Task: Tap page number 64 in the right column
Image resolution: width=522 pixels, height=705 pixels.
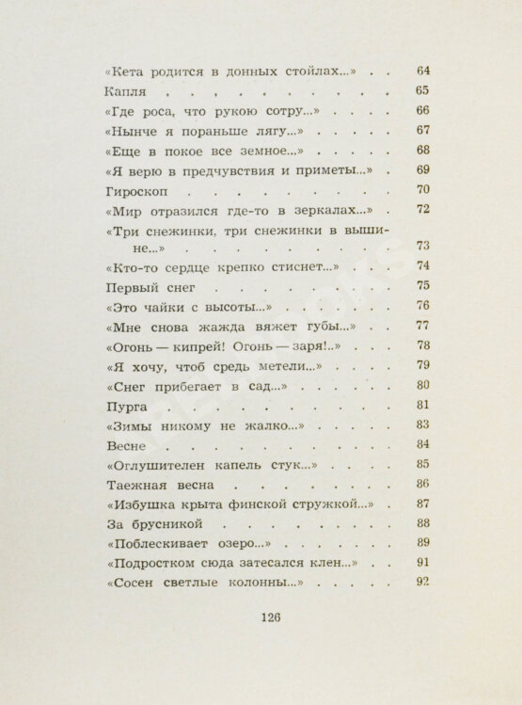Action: point(421,72)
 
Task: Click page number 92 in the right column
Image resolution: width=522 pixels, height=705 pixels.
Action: point(421,582)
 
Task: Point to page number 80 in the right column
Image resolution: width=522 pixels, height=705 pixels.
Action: point(421,384)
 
